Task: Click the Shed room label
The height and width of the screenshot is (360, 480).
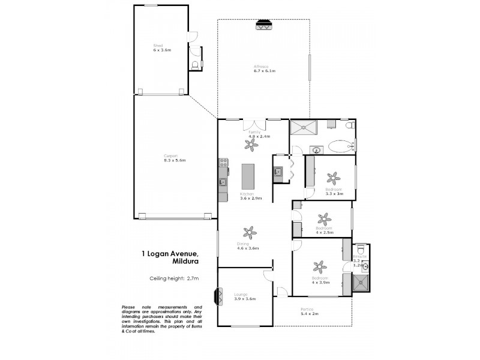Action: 158,45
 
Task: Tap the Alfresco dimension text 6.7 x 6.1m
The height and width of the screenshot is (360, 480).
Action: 264,71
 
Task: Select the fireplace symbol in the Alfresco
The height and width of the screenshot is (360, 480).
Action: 263,25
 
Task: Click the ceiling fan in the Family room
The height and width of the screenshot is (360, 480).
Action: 257,144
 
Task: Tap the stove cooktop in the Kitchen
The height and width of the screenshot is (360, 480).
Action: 223,162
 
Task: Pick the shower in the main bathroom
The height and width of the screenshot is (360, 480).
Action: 305,127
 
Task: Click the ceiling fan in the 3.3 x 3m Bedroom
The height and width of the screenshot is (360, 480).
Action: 332,178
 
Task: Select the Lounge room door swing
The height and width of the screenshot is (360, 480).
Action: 268,277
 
